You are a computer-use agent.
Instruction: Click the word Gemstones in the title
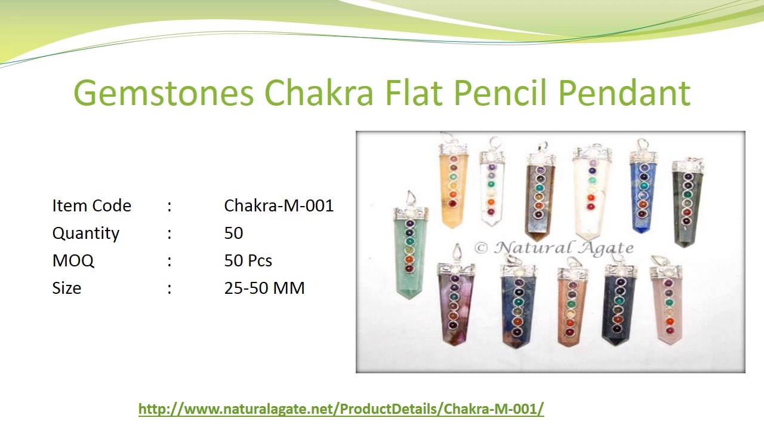(x=164, y=93)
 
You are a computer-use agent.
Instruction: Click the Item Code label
(x=91, y=205)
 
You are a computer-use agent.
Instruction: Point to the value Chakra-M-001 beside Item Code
(x=279, y=205)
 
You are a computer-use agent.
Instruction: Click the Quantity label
(x=86, y=233)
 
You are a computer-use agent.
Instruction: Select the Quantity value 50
(x=233, y=233)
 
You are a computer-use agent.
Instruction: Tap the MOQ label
(x=73, y=260)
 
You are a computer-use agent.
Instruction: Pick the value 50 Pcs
(x=248, y=260)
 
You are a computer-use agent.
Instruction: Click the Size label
(x=66, y=288)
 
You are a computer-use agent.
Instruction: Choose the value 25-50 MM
(x=264, y=288)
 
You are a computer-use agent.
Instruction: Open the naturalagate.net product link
(x=341, y=409)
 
